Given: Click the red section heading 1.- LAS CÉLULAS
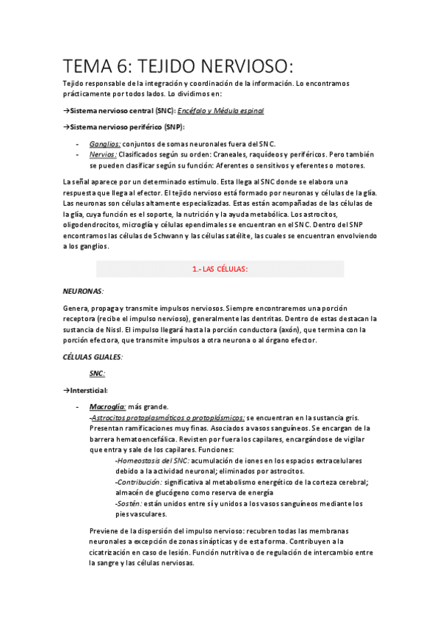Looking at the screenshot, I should pyautogui.click(x=220, y=269).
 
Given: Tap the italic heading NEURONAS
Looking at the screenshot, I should pyautogui.click(x=82, y=291).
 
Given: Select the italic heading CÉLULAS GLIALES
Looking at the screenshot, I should pyautogui.click(x=92, y=356).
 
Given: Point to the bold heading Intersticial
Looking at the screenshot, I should pyautogui.click(x=89, y=389).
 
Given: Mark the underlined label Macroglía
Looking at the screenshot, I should pyautogui.click(x=107, y=406).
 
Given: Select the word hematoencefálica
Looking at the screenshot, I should pyautogui.click(x=149, y=439).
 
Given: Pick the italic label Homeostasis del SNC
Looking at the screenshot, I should pyautogui.click(x=151, y=461).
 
